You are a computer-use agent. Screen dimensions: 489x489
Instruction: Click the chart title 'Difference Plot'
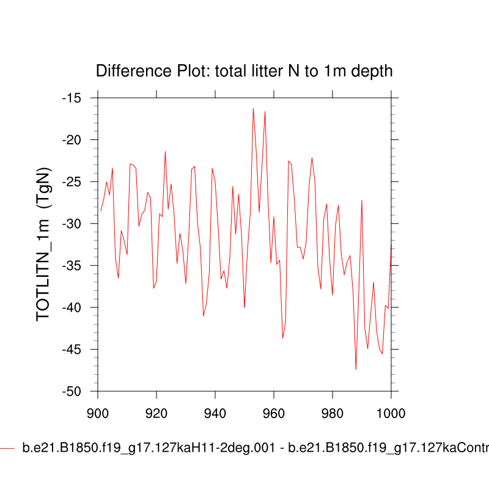[x=244, y=72]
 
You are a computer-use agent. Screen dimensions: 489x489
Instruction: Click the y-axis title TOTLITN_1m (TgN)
[x=44, y=244]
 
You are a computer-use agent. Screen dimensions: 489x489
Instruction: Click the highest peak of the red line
[x=253, y=109]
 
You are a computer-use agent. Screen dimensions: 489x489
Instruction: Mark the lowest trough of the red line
[x=356, y=369]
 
